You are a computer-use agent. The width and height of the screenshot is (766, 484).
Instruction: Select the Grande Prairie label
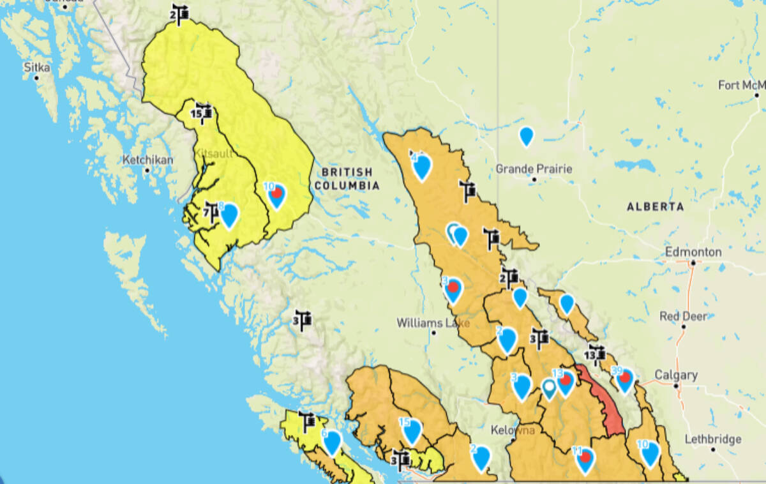click(534, 169)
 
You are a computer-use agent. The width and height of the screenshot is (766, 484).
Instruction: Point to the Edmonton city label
click(693, 252)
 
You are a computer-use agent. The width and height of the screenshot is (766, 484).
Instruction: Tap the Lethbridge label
click(712, 439)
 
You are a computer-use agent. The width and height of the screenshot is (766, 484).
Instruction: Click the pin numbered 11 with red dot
click(584, 459)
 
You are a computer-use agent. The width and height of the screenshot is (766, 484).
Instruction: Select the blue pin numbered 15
click(412, 431)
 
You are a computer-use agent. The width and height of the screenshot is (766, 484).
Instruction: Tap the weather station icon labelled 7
click(211, 211)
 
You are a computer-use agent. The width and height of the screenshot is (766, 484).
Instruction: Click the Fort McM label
click(740, 86)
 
